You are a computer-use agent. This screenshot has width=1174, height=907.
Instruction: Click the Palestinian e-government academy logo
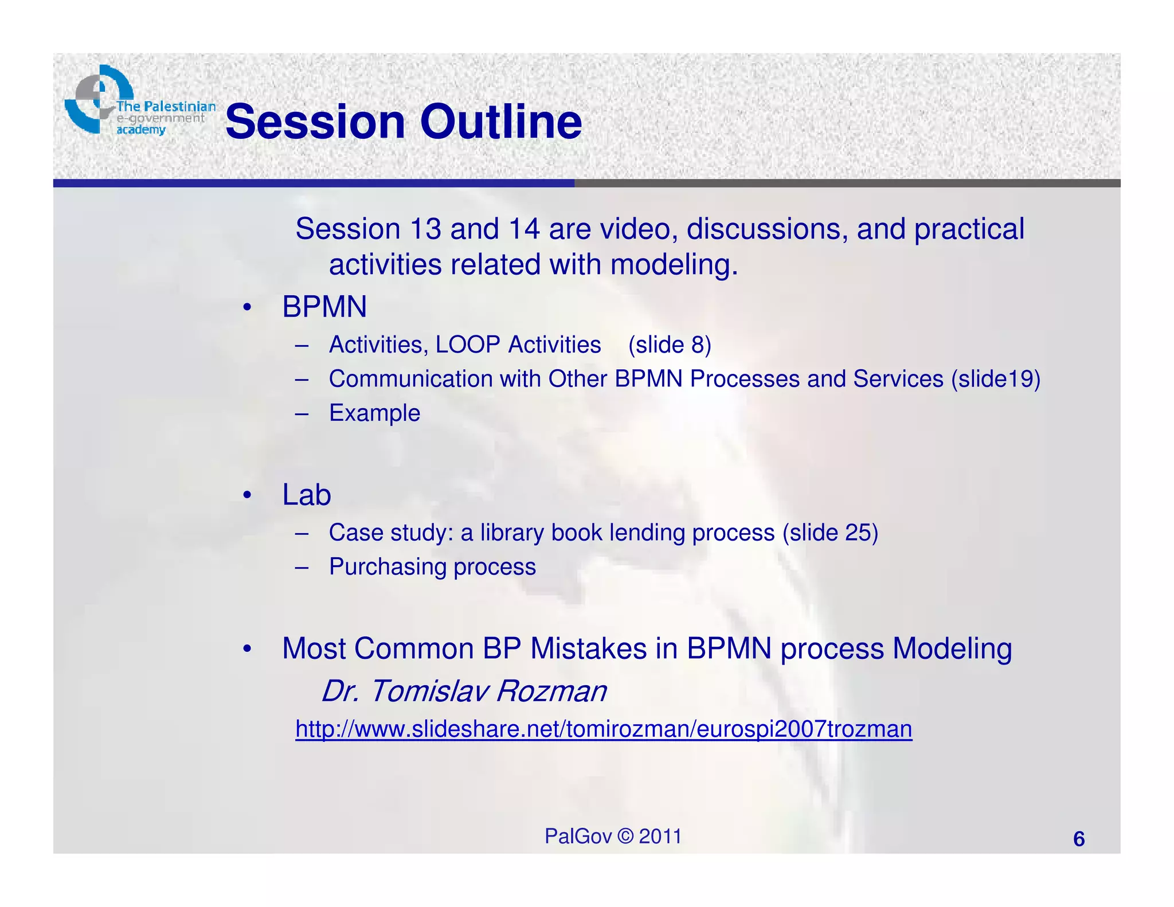click(138, 102)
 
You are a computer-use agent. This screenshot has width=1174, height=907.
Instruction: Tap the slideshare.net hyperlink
click(603, 729)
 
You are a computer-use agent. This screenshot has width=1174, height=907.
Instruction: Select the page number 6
click(1078, 839)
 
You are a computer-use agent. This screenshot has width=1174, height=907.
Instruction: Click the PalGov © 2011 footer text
click(612, 836)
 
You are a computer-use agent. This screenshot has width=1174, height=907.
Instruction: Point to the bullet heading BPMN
click(324, 307)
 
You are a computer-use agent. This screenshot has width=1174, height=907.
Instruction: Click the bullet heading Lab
click(306, 495)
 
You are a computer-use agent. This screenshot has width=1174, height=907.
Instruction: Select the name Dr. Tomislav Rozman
click(463, 691)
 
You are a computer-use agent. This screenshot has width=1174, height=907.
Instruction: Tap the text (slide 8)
click(669, 345)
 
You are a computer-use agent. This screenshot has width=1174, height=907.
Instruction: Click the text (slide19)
click(995, 379)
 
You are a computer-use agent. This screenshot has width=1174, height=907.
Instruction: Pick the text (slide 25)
click(829, 533)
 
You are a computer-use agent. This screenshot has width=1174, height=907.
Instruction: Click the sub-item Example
click(374, 413)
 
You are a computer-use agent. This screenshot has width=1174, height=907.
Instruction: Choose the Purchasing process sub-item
click(432, 567)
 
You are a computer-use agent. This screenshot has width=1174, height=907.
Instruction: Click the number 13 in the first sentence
click(425, 229)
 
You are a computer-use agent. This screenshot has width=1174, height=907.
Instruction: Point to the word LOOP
click(467, 345)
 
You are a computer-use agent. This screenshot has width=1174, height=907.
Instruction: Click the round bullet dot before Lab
click(247, 495)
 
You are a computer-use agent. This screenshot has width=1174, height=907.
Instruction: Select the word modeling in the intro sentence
click(674, 265)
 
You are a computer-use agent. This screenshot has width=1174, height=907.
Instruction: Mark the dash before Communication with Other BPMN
click(302, 379)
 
